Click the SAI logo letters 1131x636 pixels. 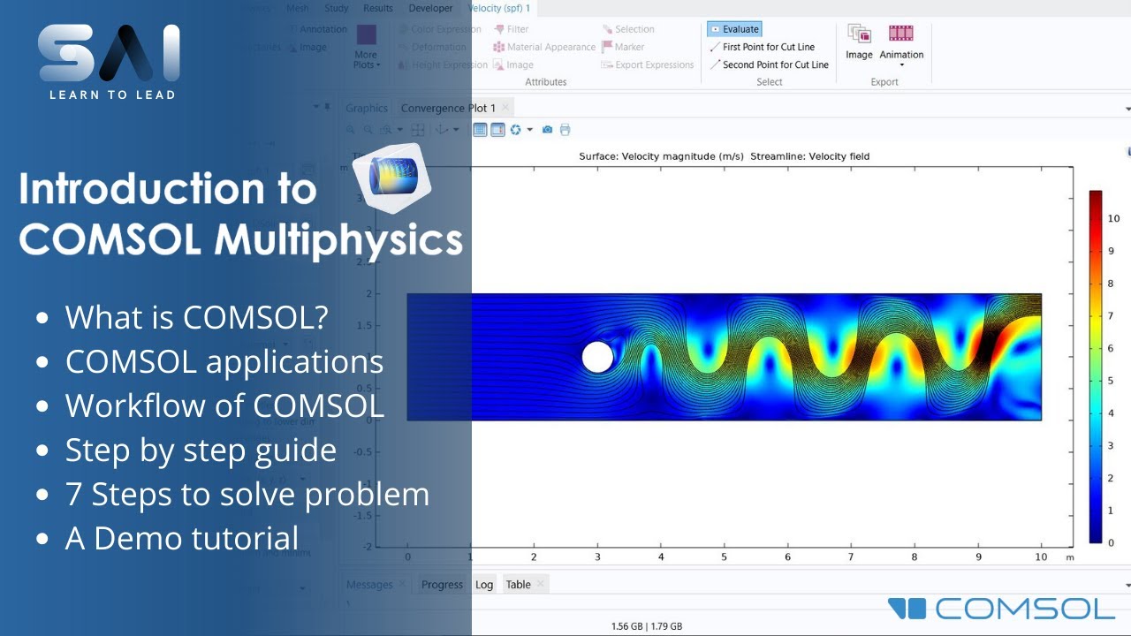pos(110,54)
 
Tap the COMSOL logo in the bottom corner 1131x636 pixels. pos(1002,609)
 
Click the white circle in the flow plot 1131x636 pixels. pos(598,357)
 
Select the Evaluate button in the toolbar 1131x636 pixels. pos(734,29)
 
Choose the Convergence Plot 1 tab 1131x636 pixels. pos(448,108)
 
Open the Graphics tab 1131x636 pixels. pos(367,108)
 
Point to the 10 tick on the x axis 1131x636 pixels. pos(1041,557)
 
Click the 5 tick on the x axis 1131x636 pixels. pos(724,557)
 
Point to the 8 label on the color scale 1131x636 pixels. pos(1112,284)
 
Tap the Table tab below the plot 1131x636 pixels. pos(518,584)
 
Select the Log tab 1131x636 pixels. pos(484,584)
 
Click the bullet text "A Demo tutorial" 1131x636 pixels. pos(182,538)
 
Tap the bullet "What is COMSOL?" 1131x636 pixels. pos(196,317)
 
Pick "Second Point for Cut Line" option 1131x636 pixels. pos(775,64)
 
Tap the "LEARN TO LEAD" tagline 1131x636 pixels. pos(112,95)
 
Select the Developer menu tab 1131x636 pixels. pos(430,8)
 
